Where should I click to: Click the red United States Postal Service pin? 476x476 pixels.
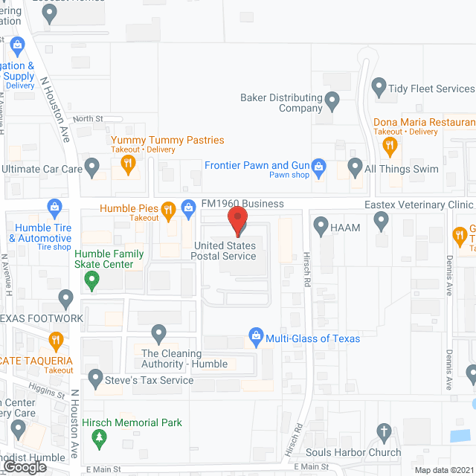coord(237,221)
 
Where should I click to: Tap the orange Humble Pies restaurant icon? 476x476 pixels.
coord(169,210)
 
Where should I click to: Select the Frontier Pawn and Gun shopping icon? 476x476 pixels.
coord(319,166)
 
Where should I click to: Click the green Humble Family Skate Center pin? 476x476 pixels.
coord(91,280)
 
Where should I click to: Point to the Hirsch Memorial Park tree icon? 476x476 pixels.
coord(99,438)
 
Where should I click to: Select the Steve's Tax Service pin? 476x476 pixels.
coord(94,379)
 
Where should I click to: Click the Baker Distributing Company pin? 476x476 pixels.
coord(332,100)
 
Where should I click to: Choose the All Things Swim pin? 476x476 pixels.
coord(355,166)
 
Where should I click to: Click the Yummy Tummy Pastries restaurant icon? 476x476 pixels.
coord(128,165)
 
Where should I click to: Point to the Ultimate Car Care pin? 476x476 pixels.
coord(92,167)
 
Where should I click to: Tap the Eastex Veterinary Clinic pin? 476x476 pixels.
coord(381,219)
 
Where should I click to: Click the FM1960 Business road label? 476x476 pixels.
coord(242,203)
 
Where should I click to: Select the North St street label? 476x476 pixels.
coord(88,118)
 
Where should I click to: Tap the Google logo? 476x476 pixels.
coord(24,466)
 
